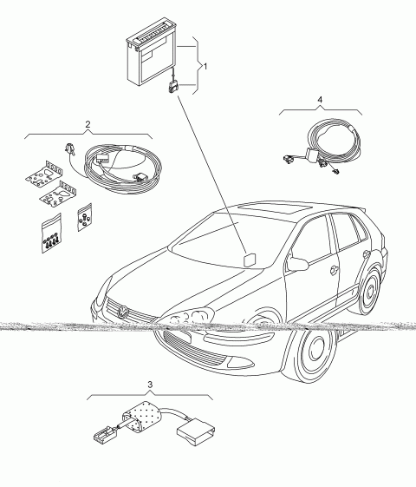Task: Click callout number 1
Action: click(x=205, y=67)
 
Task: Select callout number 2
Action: click(x=88, y=124)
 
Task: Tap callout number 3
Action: click(x=150, y=385)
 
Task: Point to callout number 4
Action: click(x=320, y=100)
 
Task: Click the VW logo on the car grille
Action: click(x=123, y=311)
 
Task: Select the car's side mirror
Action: click(x=297, y=263)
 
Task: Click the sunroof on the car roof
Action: click(x=274, y=208)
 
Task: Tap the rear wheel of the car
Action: click(x=370, y=291)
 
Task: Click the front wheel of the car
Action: click(x=314, y=354)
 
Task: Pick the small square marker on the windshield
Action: click(x=250, y=260)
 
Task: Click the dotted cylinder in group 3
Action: click(x=144, y=417)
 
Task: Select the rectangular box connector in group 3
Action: click(x=196, y=432)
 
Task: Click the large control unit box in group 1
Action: click(x=152, y=56)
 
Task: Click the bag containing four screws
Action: click(x=51, y=233)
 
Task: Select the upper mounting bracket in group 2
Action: click(x=44, y=174)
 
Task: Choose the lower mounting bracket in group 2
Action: click(x=58, y=194)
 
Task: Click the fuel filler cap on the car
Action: click(x=367, y=254)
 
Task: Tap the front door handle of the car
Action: click(x=335, y=270)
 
